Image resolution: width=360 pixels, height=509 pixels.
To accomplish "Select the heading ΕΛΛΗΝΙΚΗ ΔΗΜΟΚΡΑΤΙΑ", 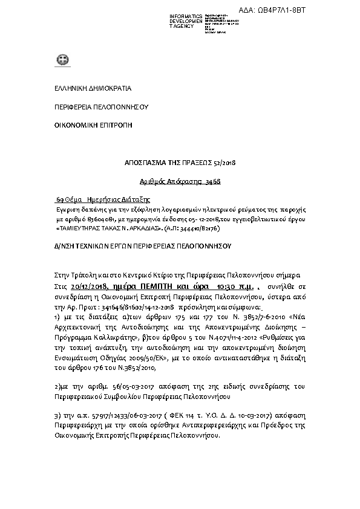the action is (93, 88).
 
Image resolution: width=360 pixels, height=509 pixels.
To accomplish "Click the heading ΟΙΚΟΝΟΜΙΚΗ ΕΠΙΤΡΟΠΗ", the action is (93, 125).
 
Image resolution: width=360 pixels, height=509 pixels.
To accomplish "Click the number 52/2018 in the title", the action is (226, 163).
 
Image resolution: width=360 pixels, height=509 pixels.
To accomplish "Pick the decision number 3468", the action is (211, 181).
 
